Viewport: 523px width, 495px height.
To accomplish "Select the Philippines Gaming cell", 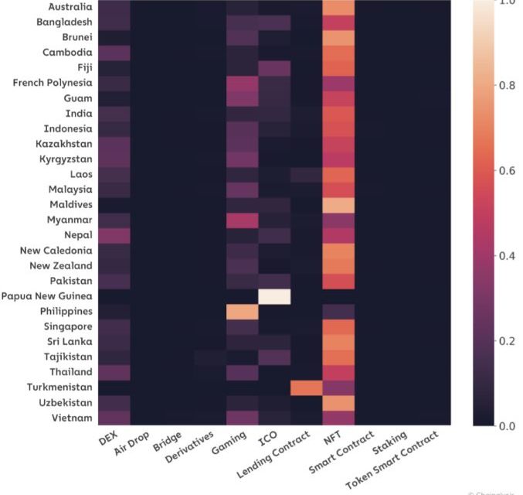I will (242, 312).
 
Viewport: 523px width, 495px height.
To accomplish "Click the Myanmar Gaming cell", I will (242, 220).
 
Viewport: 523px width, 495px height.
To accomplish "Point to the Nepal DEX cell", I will (114, 235).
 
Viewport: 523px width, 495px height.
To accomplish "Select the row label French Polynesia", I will (53, 83).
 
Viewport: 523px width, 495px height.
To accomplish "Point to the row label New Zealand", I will (61, 266).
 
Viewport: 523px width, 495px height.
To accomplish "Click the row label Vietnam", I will (70, 418).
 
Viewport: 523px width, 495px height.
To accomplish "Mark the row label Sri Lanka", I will (67, 342).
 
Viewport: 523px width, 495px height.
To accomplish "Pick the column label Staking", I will (386, 446).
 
